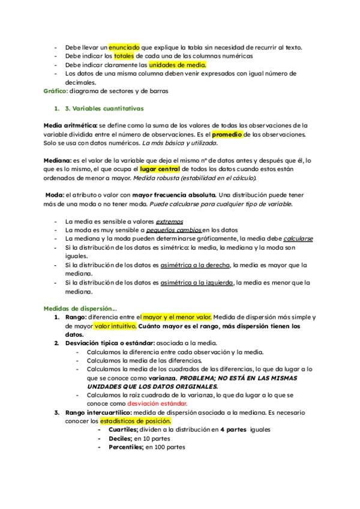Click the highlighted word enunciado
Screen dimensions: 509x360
pyautogui.click(x=124, y=47)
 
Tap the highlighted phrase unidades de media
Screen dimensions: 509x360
pyautogui.click(x=178, y=65)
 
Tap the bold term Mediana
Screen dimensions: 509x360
pyautogui.click(x=57, y=161)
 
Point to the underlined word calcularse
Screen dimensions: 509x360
pyautogui.click(x=298, y=238)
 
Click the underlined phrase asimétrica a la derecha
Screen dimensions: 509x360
pyautogui.click(x=195, y=264)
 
